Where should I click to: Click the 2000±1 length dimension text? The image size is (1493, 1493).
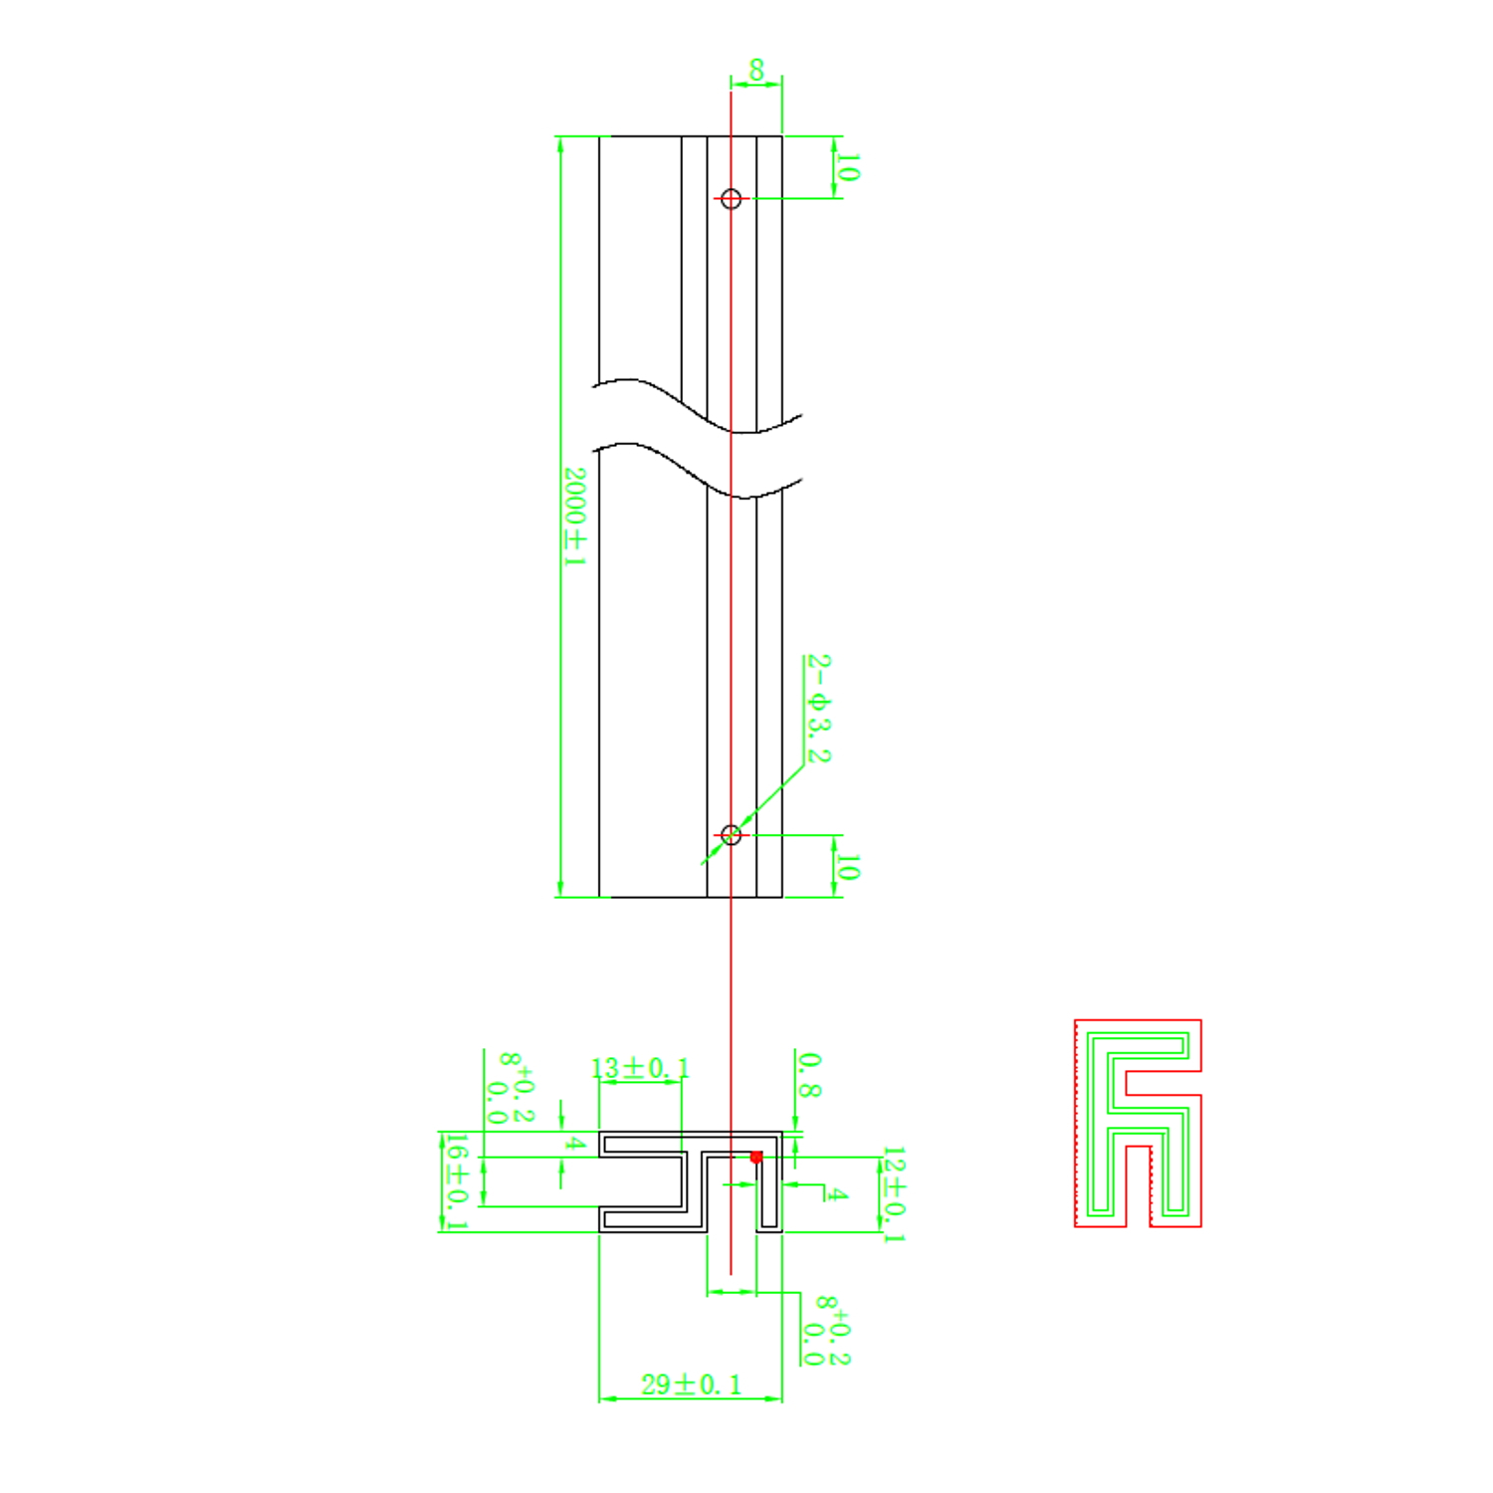pyautogui.click(x=574, y=517)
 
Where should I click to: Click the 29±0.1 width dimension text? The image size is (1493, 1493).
pyautogui.click(x=691, y=1385)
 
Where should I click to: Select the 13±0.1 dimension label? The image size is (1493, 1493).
pyautogui.click(x=639, y=1069)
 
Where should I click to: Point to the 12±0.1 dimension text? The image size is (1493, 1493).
pyautogui.click(x=893, y=1193)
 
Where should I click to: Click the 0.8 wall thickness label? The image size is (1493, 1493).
pyautogui.click(x=809, y=1075)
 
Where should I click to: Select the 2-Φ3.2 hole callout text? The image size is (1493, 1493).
pyautogui.click(x=818, y=709)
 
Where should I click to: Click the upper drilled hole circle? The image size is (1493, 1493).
pyautogui.click(x=732, y=199)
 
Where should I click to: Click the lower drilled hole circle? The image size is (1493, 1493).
pyautogui.click(x=732, y=834)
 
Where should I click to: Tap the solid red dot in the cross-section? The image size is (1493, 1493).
pyautogui.click(x=756, y=1157)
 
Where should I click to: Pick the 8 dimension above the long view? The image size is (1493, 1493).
pyautogui.click(x=756, y=71)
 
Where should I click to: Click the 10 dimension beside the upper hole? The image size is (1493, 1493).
pyautogui.click(x=847, y=167)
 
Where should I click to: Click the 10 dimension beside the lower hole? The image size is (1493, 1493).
pyautogui.click(x=847, y=867)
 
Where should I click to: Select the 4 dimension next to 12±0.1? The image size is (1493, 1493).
pyautogui.click(x=837, y=1193)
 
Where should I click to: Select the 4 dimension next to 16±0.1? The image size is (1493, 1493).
pyautogui.click(x=574, y=1144)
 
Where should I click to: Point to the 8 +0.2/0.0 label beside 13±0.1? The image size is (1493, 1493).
pyautogui.click(x=515, y=1088)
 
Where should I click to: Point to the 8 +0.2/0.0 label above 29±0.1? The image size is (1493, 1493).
pyautogui.click(x=831, y=1330)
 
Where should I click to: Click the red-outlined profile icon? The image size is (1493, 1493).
pyautogui.click(x=1138, y=1123)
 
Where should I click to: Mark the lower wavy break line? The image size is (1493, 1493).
pyautogui.click(x=697, y=473)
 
